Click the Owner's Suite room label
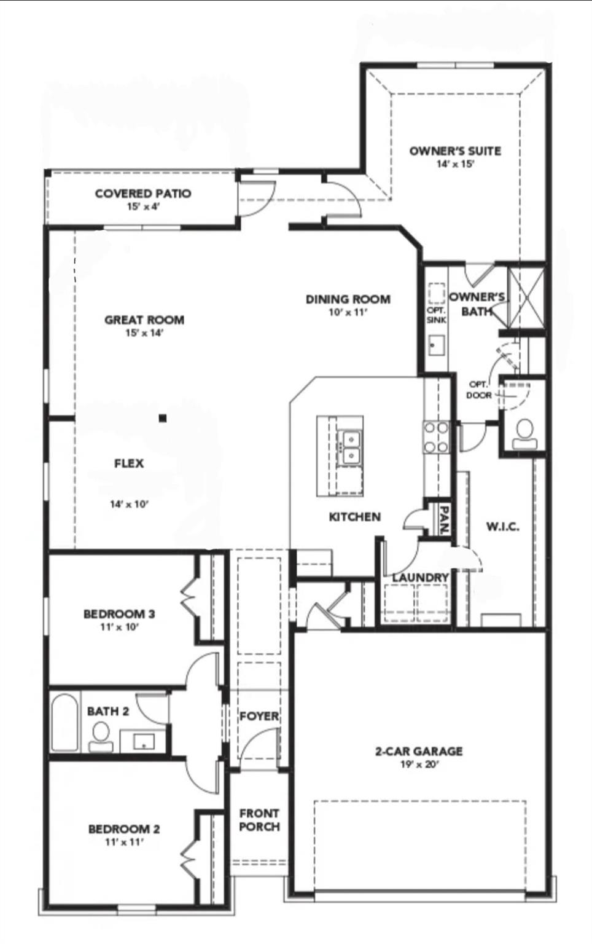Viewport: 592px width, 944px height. click(455, 151)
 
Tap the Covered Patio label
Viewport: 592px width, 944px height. click(143, 194)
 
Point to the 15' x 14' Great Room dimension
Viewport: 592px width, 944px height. click(144, 333)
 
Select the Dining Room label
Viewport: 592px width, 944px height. click(348, 299)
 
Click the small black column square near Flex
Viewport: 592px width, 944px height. click(162, 419)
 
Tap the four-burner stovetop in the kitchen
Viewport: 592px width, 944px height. click(436, 437)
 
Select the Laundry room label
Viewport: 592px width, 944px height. click(420, 578)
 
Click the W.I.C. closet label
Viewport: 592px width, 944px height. click(503, 527)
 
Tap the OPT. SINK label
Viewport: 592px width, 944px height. click(436, 315)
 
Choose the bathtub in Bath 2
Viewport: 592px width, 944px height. click(64, 722)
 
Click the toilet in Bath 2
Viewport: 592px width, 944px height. click(101, 736)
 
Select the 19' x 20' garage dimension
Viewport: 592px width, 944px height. click(419, 765)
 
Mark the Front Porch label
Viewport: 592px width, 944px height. click(259, 820)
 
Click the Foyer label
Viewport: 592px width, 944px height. click(259, 716)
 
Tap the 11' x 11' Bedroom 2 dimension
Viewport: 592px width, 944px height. click(124, 843)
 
